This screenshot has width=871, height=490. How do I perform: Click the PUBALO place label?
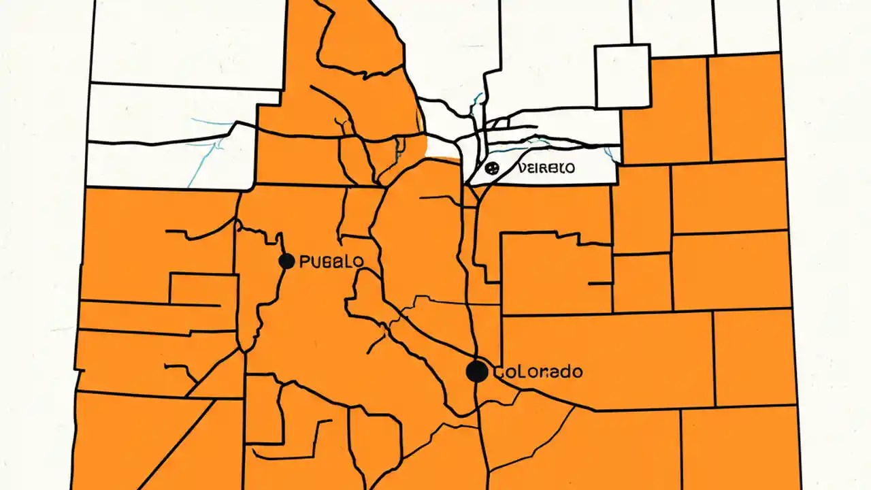click(331, 261)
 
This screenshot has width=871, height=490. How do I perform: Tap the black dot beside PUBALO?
click(286, 261)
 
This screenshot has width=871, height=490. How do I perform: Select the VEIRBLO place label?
click(546, 167)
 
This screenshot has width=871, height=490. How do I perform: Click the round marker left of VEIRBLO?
click(493, 167)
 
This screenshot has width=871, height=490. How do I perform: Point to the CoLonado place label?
click(537, 372)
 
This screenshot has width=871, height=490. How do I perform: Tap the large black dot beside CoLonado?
click(477, 372)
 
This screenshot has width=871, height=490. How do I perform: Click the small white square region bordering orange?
click(623, 76)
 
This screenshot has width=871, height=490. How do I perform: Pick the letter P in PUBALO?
click(303, 261)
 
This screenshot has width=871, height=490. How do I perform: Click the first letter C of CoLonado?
click(497, 372)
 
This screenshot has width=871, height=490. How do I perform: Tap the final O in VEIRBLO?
click(570, 167)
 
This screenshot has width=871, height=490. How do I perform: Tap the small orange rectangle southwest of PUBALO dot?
click(193, 289)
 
